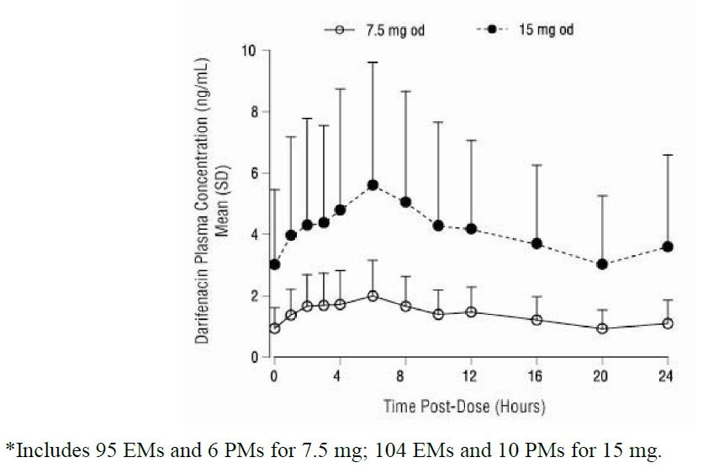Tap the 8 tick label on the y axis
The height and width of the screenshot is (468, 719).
point(251,111)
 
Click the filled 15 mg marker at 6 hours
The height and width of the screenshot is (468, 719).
point(373,185)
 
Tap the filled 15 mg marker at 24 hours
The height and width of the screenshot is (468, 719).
point(668,247)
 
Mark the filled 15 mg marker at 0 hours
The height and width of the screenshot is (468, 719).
point(274,264)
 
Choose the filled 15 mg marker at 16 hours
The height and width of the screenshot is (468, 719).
point(537,243)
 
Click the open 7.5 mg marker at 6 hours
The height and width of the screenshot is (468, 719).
point(373,295)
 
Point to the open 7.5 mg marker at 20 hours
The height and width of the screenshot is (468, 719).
point(602,328)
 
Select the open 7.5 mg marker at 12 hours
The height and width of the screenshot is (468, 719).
point(471,311)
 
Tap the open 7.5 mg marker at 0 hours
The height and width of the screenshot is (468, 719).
point(274,328)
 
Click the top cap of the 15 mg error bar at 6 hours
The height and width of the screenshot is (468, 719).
point(373,62)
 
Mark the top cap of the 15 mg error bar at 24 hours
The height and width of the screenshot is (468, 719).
point(668,155)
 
